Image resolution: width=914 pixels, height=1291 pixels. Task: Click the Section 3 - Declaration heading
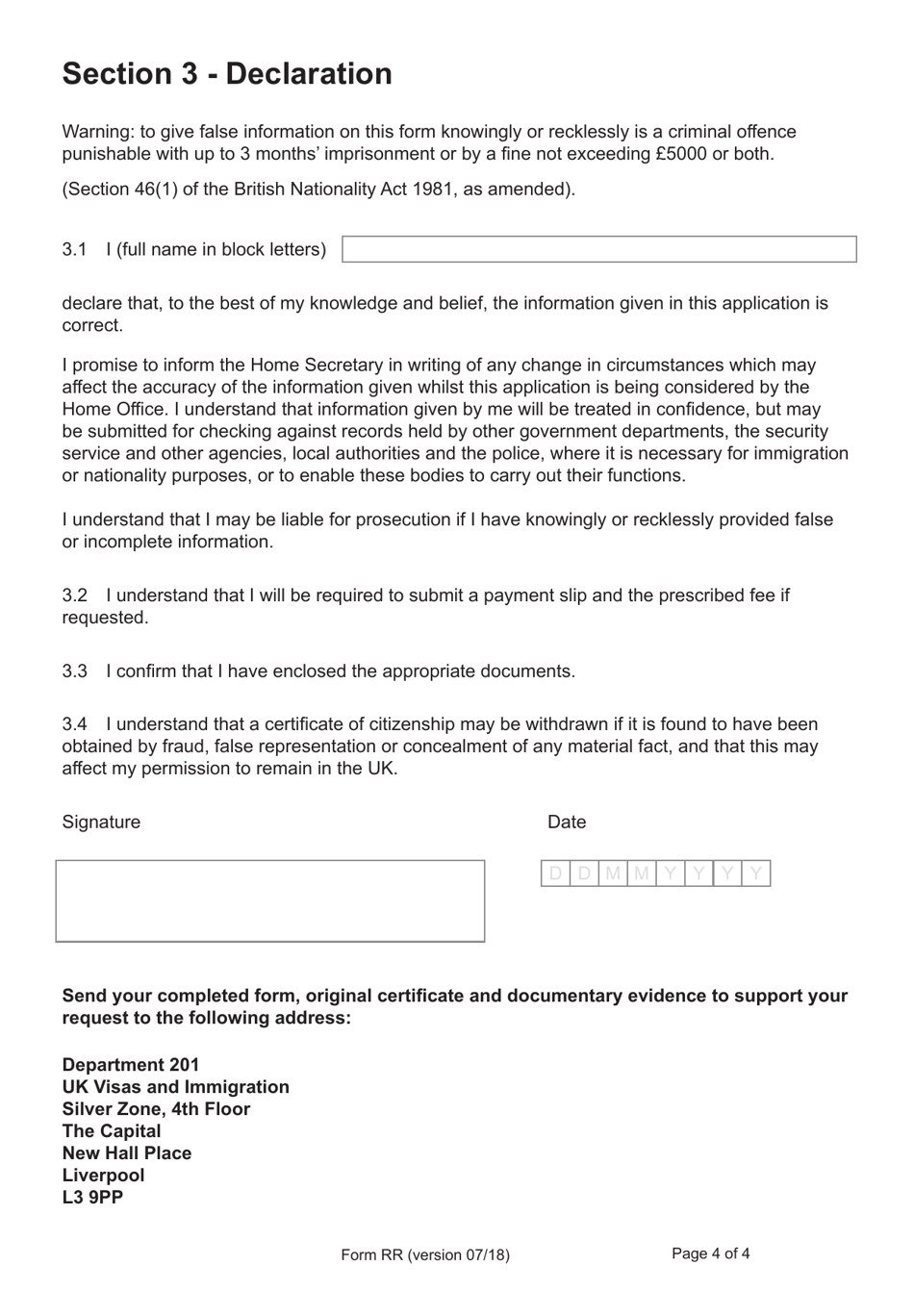(x=227, y=74)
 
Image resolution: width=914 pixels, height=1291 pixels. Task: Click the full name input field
(x=598, y=249)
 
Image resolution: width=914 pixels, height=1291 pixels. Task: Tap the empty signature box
(x=269, y=900)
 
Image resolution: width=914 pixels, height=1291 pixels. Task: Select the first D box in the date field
(x=555, y=873)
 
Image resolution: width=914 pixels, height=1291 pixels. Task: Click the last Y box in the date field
(x=756, y=873)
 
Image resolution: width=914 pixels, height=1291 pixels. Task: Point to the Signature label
(x=101, y=822)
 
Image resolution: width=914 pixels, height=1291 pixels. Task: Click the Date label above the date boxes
(x=567, y=822)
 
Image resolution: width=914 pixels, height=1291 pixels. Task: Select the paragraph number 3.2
(x=75, y=595)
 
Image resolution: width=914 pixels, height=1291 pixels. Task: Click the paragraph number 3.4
(x=75, y=724)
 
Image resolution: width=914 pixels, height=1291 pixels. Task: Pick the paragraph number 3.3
(x=75, y=671)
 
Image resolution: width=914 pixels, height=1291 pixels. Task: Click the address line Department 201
(x=131, y=1065)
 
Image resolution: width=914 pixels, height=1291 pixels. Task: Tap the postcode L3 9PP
(x=92, y=1198)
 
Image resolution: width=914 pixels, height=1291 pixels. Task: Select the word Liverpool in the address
(x=103, y=1176)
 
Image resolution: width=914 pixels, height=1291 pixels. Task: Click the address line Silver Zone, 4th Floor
(x=156, y=1109)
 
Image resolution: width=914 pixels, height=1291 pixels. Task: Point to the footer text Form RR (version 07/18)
(x=425, y=1254)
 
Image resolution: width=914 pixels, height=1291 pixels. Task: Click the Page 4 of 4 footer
(x=710, y=1253)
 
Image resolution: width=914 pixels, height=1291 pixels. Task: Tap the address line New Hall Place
(x=127, y=1153)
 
